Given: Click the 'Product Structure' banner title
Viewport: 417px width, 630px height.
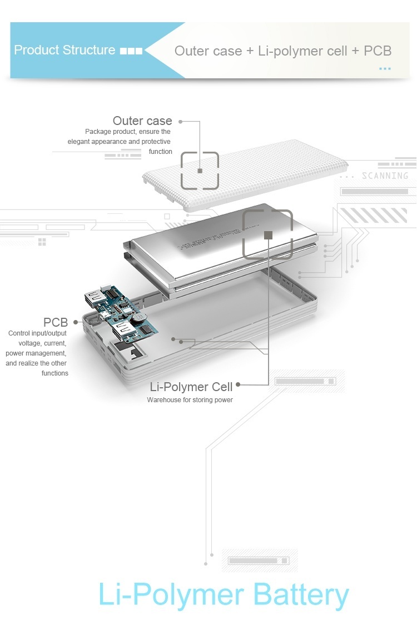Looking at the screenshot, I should [x=64, y=50].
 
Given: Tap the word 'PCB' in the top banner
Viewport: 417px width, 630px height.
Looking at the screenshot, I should [x=378, y=51].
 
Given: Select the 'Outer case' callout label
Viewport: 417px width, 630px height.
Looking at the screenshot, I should [x=142, y=121].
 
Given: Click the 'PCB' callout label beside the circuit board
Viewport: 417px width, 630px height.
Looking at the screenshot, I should [x=56, y=322].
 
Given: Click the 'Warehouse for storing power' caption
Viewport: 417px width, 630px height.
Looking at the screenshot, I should [x=190, y=400].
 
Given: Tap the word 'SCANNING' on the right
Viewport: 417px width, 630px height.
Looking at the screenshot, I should [x=385, y=176].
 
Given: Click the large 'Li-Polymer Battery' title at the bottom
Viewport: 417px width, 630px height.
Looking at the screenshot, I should [x=224, y=594].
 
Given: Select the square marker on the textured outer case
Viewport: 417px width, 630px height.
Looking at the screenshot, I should [x=200, y=171].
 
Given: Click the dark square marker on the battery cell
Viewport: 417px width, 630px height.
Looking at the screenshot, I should [x=268, y=235].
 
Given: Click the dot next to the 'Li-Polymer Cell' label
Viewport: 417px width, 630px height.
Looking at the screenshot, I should [x=238, y=384].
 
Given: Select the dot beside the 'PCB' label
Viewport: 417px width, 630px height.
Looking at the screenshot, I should [x=75, y=322].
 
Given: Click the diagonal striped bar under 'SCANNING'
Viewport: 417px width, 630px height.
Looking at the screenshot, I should [x=373, y=215].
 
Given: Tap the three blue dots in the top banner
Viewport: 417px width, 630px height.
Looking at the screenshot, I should [x=385, y=69].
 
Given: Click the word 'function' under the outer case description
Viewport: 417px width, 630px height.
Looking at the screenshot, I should [x=160, y=152].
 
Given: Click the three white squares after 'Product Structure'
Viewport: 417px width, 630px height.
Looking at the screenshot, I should [x=131, y=51].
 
